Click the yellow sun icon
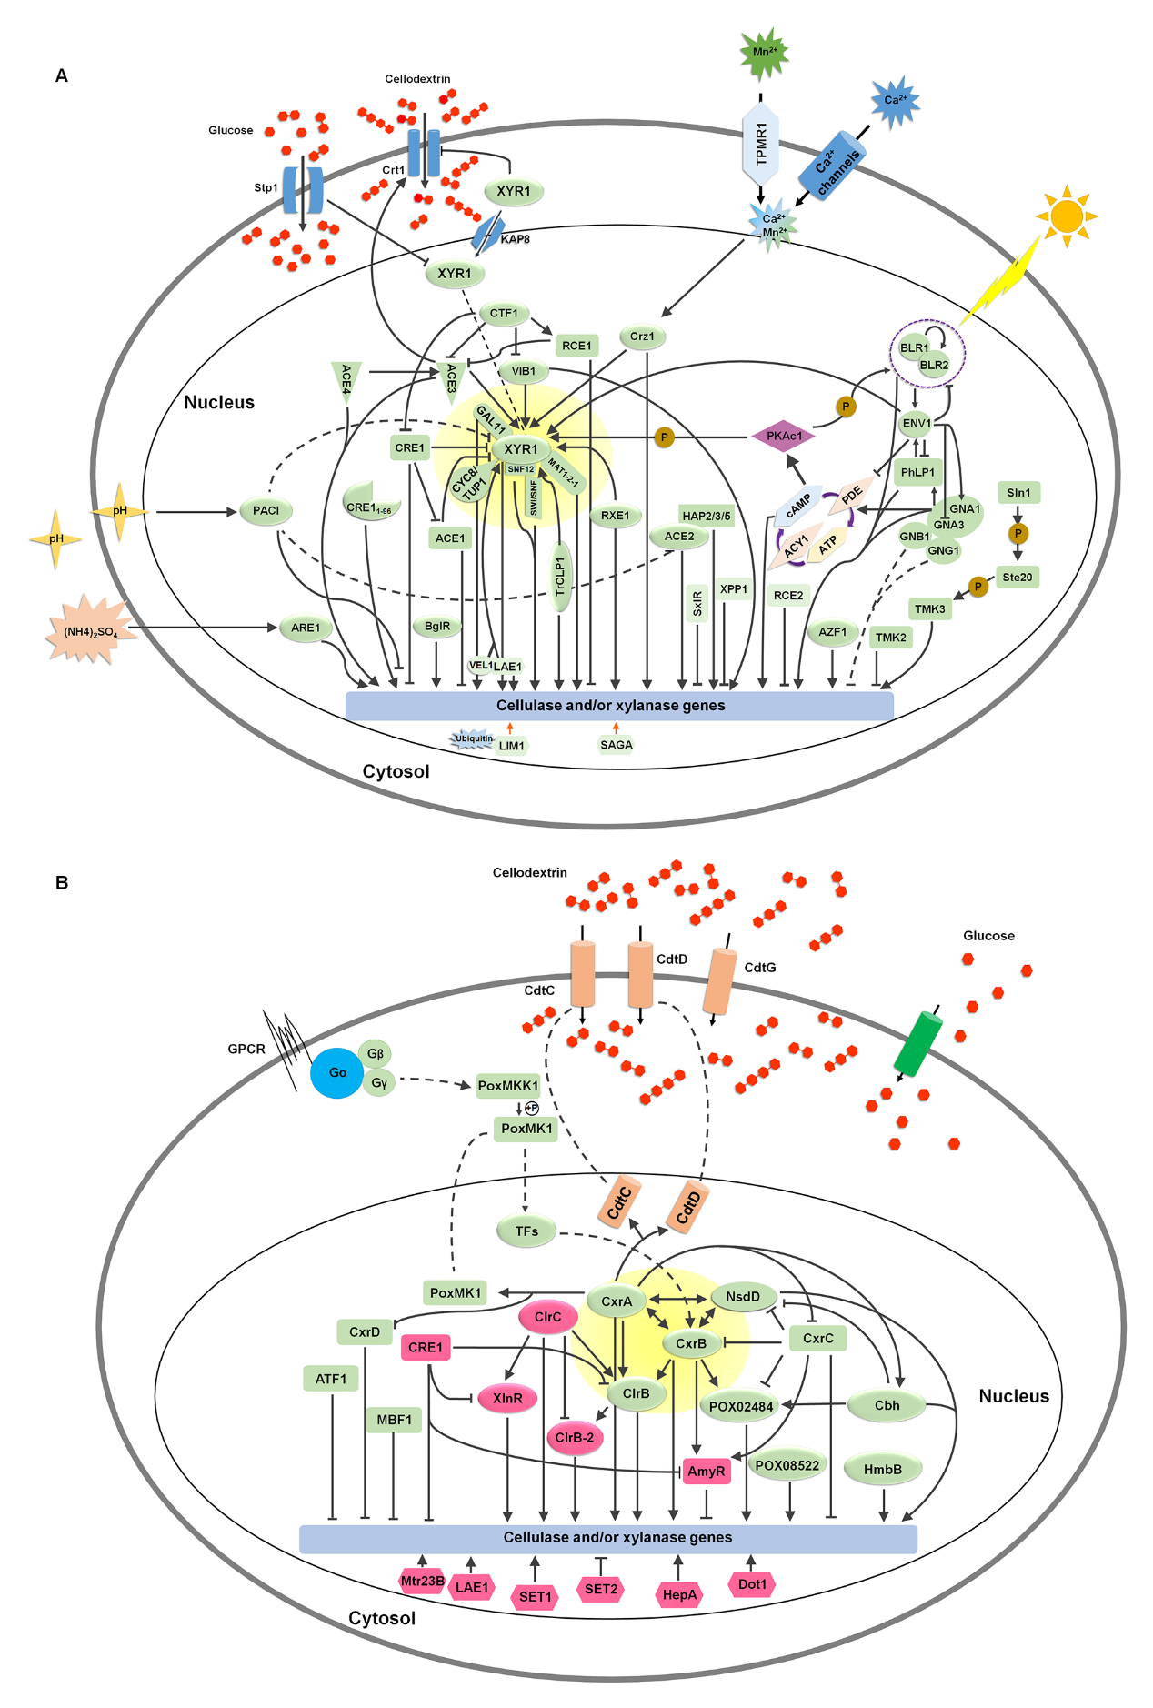tap(1067, 216)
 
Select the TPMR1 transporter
tap(761, 146)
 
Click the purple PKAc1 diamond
tap(784, 436)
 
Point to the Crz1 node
tap(642, 337)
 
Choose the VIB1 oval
tap(524, 371)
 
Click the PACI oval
tap(266, 510)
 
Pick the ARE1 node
tap(306, 628)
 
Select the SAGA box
tap(616, 745)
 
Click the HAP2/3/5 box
tap(707, 516)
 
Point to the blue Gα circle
tap(337, 1073)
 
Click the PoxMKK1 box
tap(508, 1085)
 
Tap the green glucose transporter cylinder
tap(917, 1043)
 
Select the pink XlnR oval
tap(507, 1398)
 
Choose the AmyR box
tap(707, 1471)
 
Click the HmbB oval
tap(882, 1469)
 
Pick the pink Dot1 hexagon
tap(752, 1584)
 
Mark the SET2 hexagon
tap(601, 1589)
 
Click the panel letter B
tap(62, 882)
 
